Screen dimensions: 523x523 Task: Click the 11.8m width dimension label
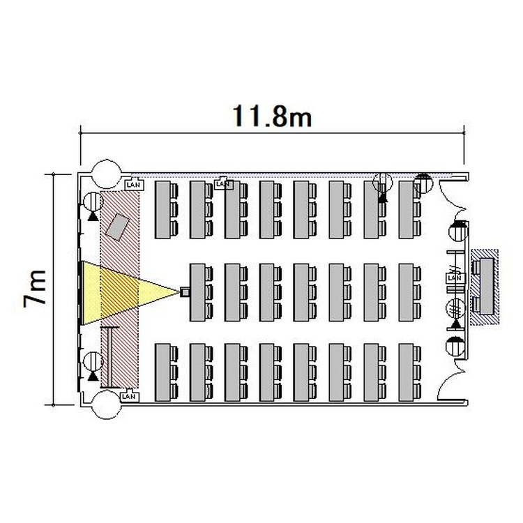tap(272, 116)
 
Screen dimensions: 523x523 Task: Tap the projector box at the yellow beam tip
tap(185, 292)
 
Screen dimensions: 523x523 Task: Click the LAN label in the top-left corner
tap(134, 185)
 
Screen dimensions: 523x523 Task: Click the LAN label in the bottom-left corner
tap(129, 396)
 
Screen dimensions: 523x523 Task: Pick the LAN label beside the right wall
tap(455, 278)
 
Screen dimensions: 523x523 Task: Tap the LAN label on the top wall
tap(223, 184)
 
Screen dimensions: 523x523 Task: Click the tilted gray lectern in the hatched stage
tap(117, 227)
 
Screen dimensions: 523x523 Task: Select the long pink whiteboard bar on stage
tap(110, 357)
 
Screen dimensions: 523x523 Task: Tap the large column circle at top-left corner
tap(107, 174)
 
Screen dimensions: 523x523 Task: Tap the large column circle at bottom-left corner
tap(106, 404)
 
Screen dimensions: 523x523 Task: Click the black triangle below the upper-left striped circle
tap(93, 217)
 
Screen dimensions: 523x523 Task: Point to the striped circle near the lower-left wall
tap(93, 361)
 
